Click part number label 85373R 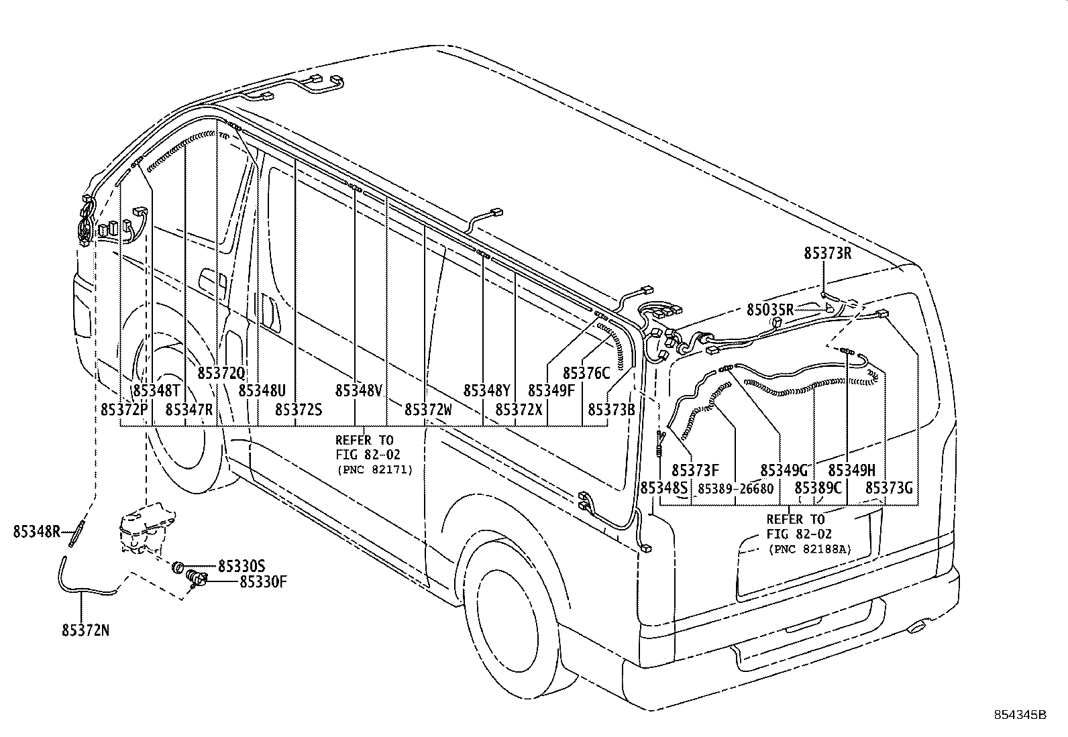click(x=827, y=253)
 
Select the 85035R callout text click(x=770, y=310)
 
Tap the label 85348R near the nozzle click(x=36, y=532)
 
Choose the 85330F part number click(x=264, y=581)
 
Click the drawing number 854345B click(x=1020, y=715)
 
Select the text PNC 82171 click(x=374, y=469)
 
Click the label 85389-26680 click(x=735, y=489)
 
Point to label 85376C click(x=586, y=373)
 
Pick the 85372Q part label click(x=221, y=373)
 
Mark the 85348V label click(x=358, y=390)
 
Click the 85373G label click(x=889, y=488)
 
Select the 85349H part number click(x=851, y=471)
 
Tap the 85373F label click(x=695, y=471)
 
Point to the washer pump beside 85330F click(x=198, y=577)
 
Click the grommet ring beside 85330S click(x=178, y=567)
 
